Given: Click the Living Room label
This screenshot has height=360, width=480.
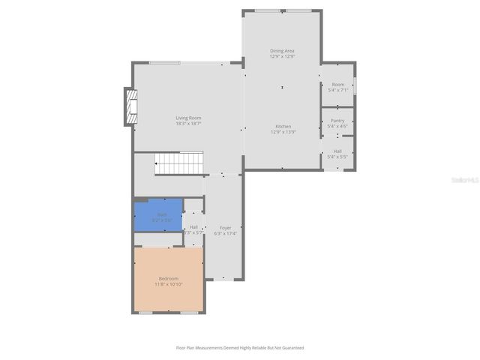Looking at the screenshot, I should point(188,118).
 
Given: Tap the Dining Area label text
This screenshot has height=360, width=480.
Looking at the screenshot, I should point(283,51).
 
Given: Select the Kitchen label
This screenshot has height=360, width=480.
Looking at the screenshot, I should point(283,126).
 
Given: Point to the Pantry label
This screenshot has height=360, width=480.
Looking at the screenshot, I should point(337,120).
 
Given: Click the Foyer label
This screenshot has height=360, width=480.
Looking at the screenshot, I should point(225,227).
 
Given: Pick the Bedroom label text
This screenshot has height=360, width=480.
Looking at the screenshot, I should point(169,279).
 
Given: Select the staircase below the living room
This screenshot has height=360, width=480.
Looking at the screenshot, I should point(179,163).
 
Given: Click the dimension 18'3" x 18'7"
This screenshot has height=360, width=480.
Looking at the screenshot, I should point(188,124).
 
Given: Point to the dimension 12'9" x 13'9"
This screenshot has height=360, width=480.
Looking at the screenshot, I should point(283,132).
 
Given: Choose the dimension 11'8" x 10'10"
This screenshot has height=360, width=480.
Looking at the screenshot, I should point(169,284).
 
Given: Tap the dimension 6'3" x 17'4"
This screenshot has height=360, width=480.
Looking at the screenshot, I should point(225,232).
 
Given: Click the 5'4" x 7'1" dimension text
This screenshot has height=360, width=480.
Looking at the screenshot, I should point(337,90).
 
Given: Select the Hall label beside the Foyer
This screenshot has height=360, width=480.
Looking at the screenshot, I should point(193,227).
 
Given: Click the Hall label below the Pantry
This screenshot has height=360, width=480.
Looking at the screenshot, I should point(337,151).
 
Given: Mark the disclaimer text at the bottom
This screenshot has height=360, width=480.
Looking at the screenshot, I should point(240,347).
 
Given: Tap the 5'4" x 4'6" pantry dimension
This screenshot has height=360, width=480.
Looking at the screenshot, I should point(337,126).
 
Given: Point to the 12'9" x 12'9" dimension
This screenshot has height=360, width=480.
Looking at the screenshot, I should point(283,56).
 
